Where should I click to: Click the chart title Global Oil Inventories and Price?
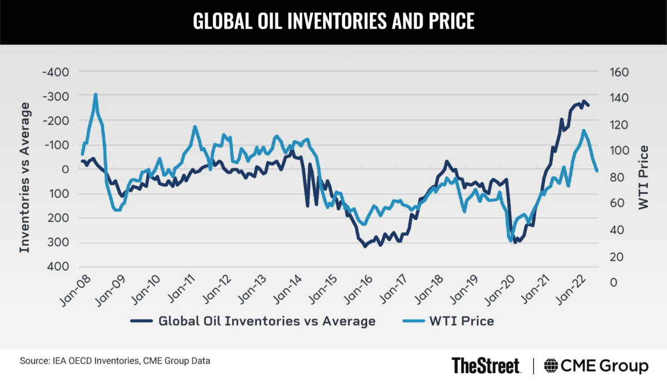click(x=333, y=21)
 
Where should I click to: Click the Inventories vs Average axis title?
click(x=25, y=169)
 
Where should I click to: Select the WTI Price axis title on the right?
click(x=644, y=177)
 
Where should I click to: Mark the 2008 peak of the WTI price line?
click(x=95, y=95)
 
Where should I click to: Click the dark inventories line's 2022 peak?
click(x=584, y=101)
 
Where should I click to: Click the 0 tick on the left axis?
click(x=65, y=169)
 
